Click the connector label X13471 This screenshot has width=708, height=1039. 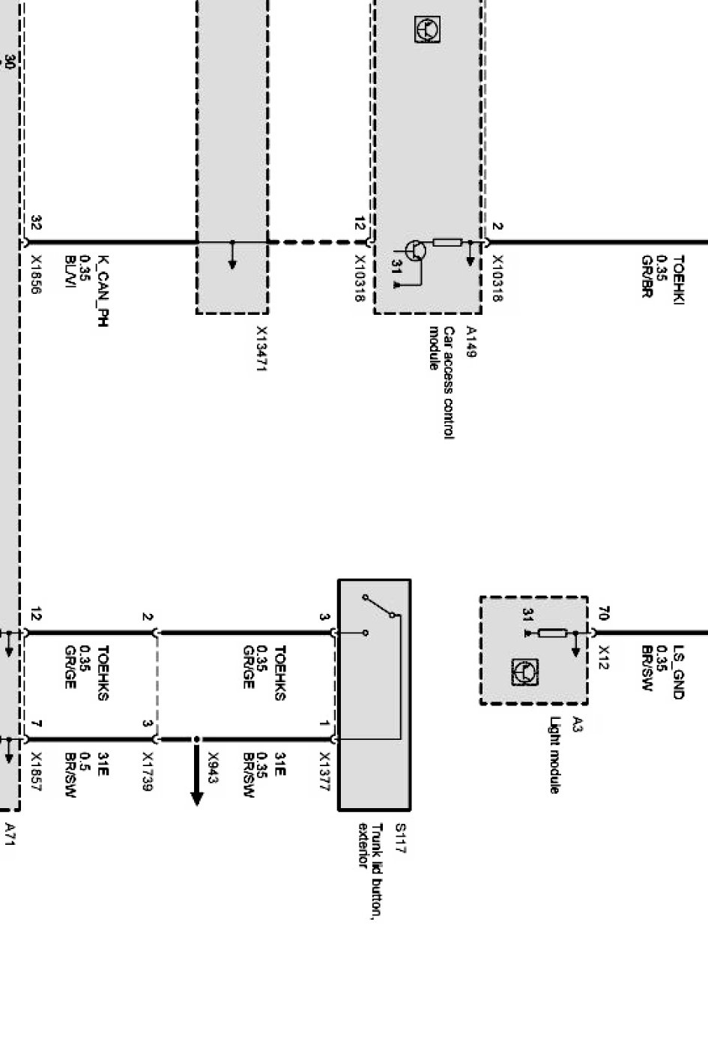coord(262,348)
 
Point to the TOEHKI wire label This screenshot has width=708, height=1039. coord(678,280)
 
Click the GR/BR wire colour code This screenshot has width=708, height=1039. coord(648,277)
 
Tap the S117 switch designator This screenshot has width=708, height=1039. coord(399,838)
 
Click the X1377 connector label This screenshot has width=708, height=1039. coord(325,772)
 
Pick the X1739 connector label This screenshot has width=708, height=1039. coord(148,772)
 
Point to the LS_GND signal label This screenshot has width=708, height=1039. coord(678,672)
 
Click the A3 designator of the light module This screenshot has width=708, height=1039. coord(576,723)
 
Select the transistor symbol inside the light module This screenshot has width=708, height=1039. coord(524,672)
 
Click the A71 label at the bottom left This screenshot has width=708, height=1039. coord(10,834)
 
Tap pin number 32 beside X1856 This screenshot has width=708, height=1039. coord(36,223)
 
